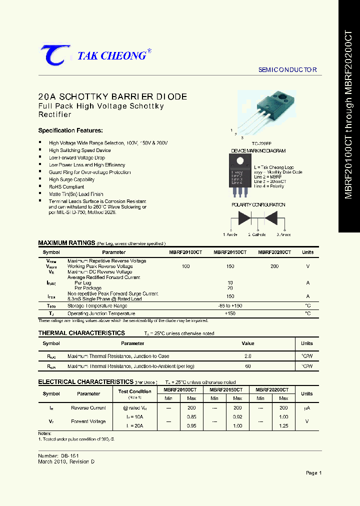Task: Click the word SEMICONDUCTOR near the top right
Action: [x=287, y=70]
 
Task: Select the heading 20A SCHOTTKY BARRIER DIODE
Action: [x=112, y=96]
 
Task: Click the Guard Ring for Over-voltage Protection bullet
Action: [x=89, y=172]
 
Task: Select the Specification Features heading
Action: [x=70, y=130]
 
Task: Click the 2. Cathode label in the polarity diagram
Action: [x=257, y=234]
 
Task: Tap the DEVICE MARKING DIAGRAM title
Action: [x=258, y=150]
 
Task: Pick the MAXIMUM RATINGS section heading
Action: [x=66, y=243]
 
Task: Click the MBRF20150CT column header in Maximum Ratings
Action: [x=230, y=252]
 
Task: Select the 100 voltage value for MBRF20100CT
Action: [x=185, y=266]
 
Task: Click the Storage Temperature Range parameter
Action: [x=97, y=305]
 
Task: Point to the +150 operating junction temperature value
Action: [x=230, y=313]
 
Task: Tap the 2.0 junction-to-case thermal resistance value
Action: [x=248, y=356]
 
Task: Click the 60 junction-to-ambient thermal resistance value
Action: [x=248, y=366]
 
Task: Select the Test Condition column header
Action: [x=134, y=391]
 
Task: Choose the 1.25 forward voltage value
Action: [x=283, y=425]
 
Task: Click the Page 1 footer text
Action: [x=313, y=473]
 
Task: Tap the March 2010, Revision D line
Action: [x=66, y=461]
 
